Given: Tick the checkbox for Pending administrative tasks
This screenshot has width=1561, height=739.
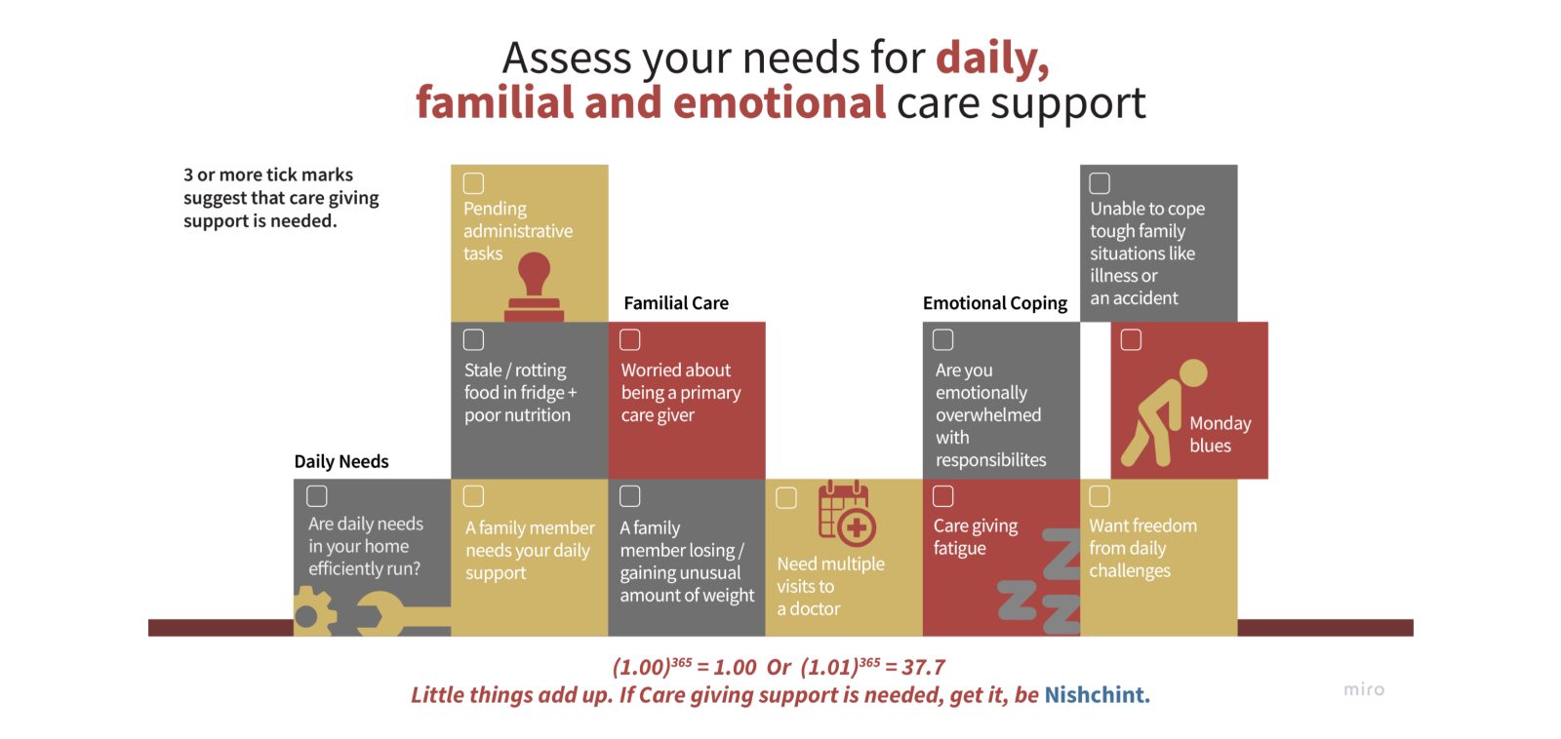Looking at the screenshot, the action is tap(474, 183).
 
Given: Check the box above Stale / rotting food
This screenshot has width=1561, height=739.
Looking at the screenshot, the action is tap(474, 340).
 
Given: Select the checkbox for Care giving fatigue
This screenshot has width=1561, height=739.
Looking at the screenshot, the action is tap(942, 496).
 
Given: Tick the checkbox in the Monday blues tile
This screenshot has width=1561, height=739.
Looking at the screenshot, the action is tap(1131, 340).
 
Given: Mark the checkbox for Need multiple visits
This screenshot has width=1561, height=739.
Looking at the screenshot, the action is tap(786, 498).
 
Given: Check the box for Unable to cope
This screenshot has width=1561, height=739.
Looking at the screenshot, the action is tap(1100, 183).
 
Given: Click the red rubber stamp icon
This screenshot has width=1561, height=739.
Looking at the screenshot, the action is tap(534, 287).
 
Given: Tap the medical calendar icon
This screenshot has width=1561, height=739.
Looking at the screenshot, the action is tap(847, 513).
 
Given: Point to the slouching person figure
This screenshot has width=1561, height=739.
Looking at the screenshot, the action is tap(1164, 412).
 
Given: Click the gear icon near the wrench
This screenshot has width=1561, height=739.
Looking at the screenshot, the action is tap(315, 611).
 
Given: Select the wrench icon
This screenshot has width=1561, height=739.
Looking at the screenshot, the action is tap(403, 614).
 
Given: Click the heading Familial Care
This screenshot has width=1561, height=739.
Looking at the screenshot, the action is tap(676, 303).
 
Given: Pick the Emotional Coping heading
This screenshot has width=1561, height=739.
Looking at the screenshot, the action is tap(994, 303).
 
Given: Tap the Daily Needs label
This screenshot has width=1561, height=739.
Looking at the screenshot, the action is tap(341, 462).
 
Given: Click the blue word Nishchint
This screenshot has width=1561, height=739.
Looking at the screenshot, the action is tap(1097, 694).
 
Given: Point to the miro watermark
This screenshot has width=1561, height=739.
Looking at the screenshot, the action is tap(1364, 689).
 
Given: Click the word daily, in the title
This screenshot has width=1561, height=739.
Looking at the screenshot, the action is tap(992, 58).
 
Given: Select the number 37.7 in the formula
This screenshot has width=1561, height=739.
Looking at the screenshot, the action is tap(923, 667).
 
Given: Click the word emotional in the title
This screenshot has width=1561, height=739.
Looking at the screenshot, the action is tap(780, 102).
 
